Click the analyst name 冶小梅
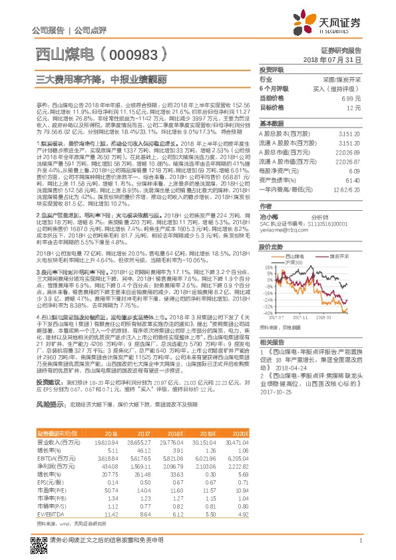(x=268, y=217)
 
